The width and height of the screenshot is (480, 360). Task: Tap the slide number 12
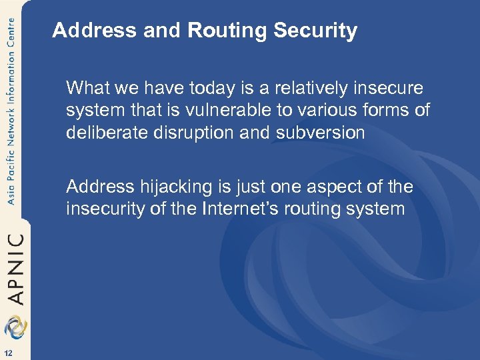7,352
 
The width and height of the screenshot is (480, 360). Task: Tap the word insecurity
107,209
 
